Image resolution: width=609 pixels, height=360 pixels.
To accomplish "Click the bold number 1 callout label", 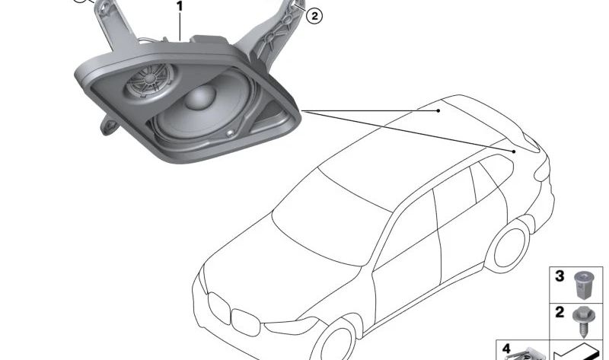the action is tap(180, 7).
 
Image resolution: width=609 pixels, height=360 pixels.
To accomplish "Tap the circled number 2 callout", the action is tap(314, 15).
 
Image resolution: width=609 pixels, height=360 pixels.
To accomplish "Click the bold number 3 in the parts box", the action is tap(560, 276).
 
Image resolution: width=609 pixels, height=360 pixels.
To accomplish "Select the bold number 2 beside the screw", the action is tap(560, 312).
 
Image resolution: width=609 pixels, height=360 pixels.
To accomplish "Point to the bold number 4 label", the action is tap(506, 348).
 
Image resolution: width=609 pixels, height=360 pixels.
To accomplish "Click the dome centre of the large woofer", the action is tap(200, 97).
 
